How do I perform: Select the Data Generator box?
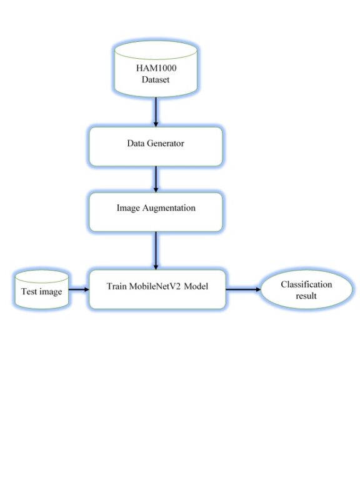click(155, 146)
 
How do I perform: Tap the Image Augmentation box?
click(155, 211)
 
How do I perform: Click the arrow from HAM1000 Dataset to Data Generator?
click(155, 112)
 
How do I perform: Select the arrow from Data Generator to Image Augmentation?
click(155, 179)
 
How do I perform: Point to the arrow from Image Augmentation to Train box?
click(155, 250)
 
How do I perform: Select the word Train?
click(122, 286)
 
